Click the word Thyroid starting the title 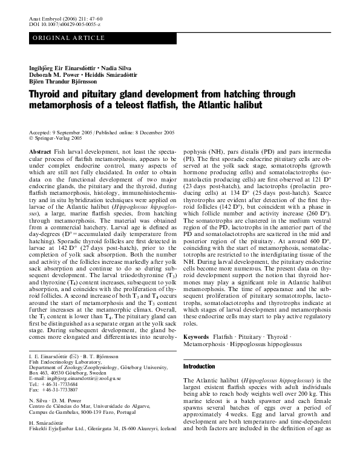pyautogui.click(x=47, y=95)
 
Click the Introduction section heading pyautogui.click(x=199, y=367)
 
